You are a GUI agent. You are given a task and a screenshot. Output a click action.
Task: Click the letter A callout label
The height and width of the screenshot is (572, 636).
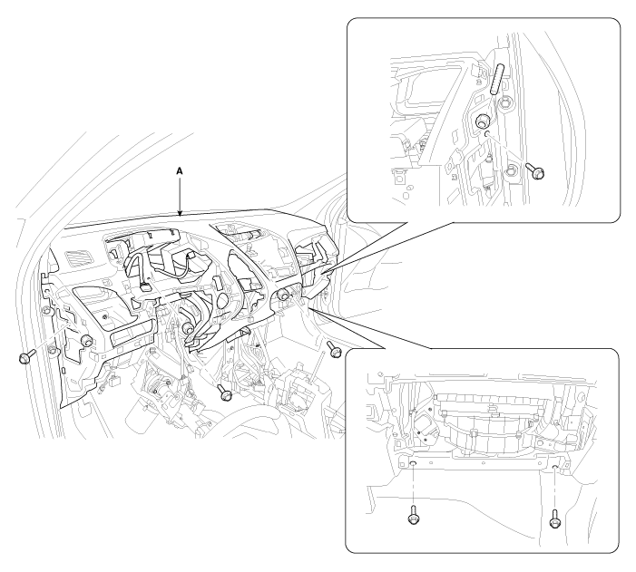pyautogui.click(x=180, y=171)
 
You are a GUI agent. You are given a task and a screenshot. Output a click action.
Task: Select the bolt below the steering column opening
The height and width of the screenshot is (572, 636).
pyautogui.click(x=223, y=392)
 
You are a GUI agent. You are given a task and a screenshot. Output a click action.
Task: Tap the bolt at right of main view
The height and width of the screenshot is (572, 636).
pyautogui.click(x=334, y=349)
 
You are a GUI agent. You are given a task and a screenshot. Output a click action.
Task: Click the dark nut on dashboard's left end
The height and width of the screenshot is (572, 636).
pyautogui.click(x=85, y=340)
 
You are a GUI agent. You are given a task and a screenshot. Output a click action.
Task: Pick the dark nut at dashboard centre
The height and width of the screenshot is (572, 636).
pyautogui.click(x=187, y=327)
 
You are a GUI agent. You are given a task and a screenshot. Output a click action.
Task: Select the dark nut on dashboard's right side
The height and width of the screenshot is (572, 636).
pyautogui.click(x=283, y=296)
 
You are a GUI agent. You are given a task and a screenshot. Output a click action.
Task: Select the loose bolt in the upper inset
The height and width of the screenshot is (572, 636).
pyautogui.click(x=535, y=170)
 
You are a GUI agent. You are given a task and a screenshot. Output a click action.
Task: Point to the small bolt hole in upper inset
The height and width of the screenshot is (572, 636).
pyautogui.click(x=487, y=133)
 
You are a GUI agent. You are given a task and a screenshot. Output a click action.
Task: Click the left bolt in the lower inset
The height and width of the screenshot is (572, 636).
pyautogui.click(x=414, y=514)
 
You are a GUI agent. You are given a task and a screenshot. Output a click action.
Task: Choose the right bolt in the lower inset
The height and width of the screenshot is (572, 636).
pyautogui.click(x=555, y=519)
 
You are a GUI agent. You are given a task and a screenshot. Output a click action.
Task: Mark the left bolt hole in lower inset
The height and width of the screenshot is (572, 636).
pyautogui.click(x=413, y=464)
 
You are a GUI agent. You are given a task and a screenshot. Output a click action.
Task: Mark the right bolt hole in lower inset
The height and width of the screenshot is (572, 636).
pyautogui.click(x=555, y=468)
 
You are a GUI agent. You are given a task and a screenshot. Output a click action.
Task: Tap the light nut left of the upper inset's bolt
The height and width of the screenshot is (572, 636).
pyautogui.click(x=511, y=171)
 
